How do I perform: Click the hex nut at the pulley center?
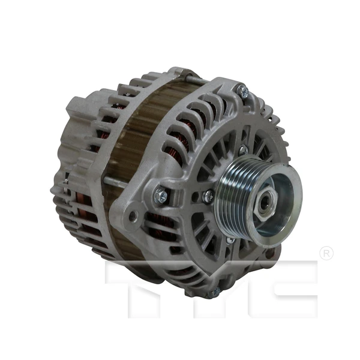(264, 204)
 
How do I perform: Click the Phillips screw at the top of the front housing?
(242, 91)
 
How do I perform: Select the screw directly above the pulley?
(243, 150)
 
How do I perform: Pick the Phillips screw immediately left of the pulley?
(208, 196)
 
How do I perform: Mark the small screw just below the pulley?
(230, 240)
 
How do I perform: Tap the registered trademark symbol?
(326, 253)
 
